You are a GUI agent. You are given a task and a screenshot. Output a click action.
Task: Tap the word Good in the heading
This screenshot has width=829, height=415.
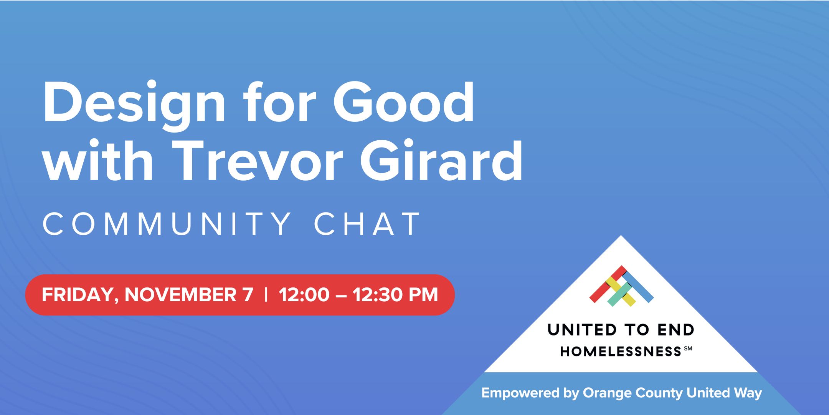pyautogui.click(x=404, y=103)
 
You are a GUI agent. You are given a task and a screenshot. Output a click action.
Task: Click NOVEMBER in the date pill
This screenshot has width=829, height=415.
pyautogui.click(x=180, y=295)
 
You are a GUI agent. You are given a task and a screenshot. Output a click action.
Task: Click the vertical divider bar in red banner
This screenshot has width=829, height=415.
pyautogui.click(x=266, y=295)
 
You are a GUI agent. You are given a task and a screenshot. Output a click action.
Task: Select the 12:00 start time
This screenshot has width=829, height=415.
pyautogui.click(x=304, y=295)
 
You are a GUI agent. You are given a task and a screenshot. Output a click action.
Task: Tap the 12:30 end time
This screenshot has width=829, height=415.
pyautogui.click(x=378, y=295)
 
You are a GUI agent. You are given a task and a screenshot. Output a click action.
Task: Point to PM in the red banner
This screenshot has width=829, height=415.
pyautogui.click(x=423, y=295)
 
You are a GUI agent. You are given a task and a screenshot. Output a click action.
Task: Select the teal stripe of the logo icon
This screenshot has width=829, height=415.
pyautogui.click(x=619, y=295)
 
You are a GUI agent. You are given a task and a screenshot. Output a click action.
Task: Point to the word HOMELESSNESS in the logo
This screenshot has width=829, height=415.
pyautogui.click(x=621, y=351)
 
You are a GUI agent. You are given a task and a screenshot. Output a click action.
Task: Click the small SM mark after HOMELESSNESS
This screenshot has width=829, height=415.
pyautogui.click(x=688, y=349)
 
